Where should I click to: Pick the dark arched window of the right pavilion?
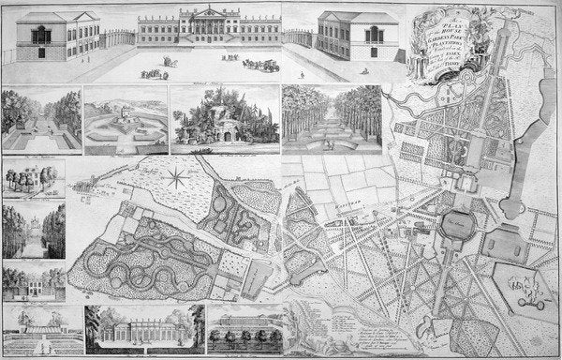coord(371,34)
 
